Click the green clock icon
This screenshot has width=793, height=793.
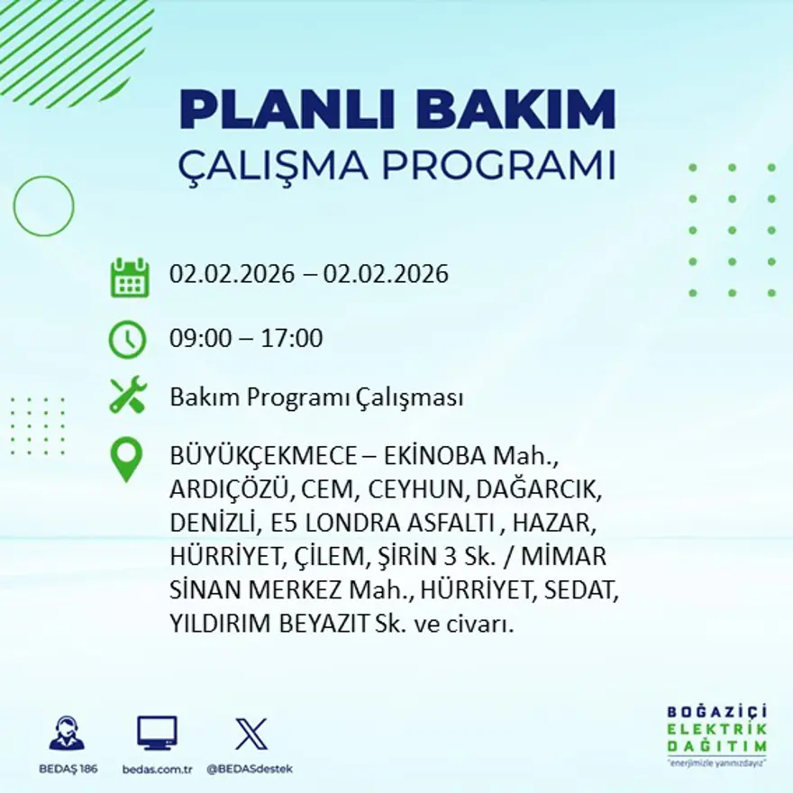[127, 340]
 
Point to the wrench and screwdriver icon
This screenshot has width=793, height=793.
[128, 396]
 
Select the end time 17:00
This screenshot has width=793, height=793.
[293, 339]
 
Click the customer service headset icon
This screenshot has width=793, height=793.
[67, 734]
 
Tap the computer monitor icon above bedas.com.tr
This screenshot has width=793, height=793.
[157, 733]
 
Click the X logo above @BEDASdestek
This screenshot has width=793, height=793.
[250, 734]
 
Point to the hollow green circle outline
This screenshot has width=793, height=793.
[43, 206]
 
